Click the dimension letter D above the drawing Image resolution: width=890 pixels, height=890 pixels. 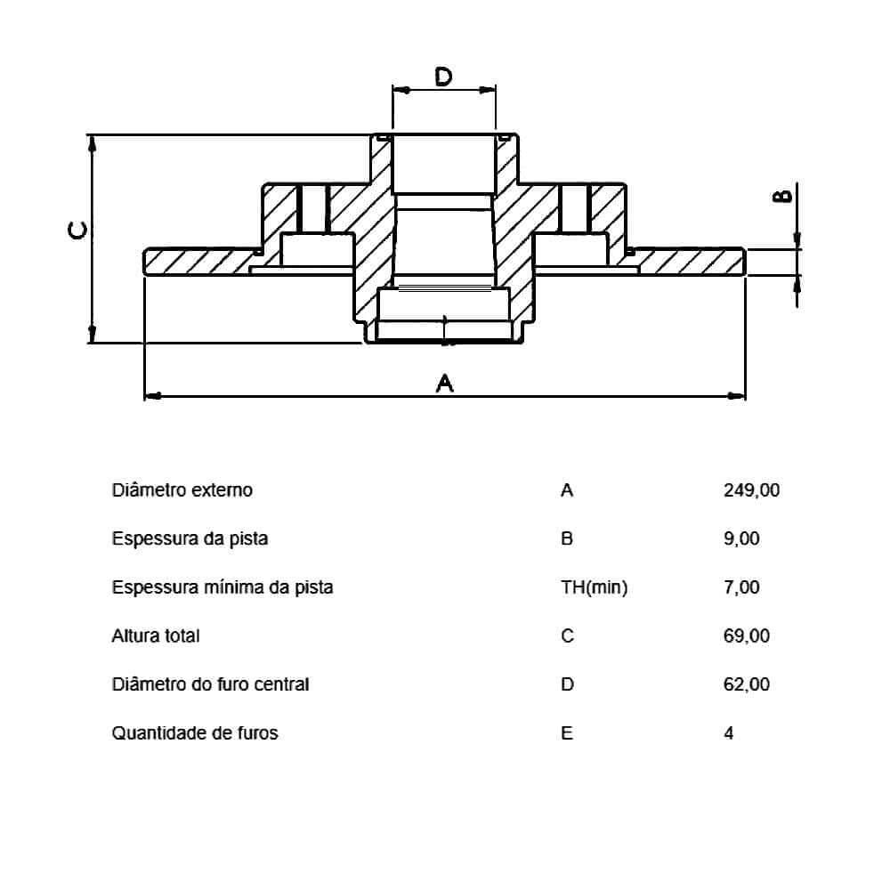coord(443,77)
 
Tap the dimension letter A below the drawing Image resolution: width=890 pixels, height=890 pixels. coord(445,383)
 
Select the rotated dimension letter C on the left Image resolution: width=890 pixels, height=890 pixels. coord(78,231)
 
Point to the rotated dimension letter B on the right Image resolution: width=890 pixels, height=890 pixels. coord(782,197)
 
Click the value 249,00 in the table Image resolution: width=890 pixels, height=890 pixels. coord(752,490)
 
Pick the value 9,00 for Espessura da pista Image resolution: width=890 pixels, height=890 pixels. coord(742,538)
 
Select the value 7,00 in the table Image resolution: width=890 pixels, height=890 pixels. coord(742,587)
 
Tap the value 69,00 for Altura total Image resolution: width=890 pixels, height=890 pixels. coord(747,636)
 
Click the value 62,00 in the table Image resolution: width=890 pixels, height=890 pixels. coord(747,684)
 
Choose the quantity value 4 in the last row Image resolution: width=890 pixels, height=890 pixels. coord(729,733)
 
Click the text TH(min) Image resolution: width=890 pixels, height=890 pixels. coord(595,587)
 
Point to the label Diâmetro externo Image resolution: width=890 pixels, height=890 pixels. coord(182,490)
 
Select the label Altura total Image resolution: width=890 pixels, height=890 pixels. coord(156,636)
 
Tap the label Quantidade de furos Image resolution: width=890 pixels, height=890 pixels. coord(195,733)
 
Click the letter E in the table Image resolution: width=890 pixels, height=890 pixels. coord(567,733)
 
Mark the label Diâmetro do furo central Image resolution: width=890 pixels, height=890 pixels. coord(211,684)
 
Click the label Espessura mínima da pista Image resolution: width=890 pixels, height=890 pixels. coord(222,587)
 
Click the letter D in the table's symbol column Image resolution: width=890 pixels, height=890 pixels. coord(568,684)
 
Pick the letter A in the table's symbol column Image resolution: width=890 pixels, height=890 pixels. coord(567,490)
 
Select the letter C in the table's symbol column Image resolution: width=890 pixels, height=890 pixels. coord(568,636)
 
